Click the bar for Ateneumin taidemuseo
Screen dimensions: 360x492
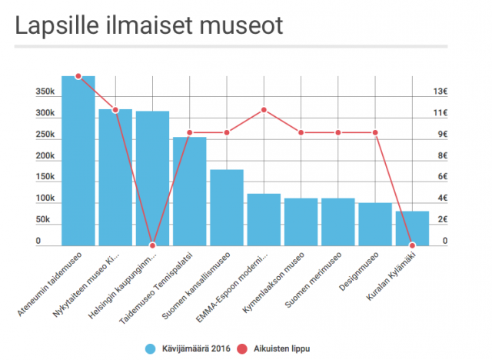(x=78, y=162)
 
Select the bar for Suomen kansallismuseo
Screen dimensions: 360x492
(x=227, y=206)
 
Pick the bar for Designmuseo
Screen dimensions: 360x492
(x=375, y=224)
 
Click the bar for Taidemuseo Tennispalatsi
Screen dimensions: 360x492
(x=190, y=191)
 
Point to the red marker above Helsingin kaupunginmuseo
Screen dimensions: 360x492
(x=152, y=245)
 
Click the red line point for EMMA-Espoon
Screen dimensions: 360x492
(x=264, y=110)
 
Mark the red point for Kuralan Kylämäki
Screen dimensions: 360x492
(x=412, y=245)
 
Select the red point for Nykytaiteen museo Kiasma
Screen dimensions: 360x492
(x=115, y=110)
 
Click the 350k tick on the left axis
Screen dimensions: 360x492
(x=45, y=92)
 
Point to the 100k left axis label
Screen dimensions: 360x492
(x=45, y=198)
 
